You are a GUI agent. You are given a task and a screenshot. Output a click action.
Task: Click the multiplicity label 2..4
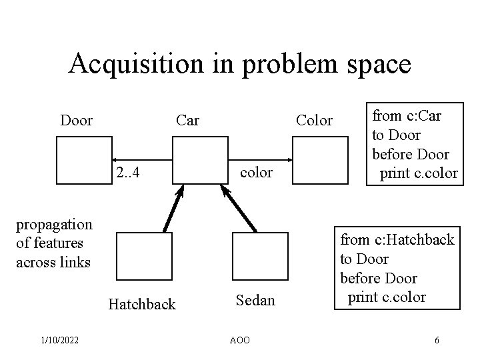[126, 173]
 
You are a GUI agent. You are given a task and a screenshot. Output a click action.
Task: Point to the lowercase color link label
[256, 173]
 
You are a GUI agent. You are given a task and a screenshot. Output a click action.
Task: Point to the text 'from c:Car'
[408, 114]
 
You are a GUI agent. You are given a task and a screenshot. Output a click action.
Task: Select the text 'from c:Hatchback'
[397, 239]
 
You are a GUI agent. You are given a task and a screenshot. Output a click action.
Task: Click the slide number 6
[436, 340]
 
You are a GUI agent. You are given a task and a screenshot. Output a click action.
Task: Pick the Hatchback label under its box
[142, 305]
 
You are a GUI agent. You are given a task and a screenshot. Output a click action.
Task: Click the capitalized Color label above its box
[313, 121]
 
